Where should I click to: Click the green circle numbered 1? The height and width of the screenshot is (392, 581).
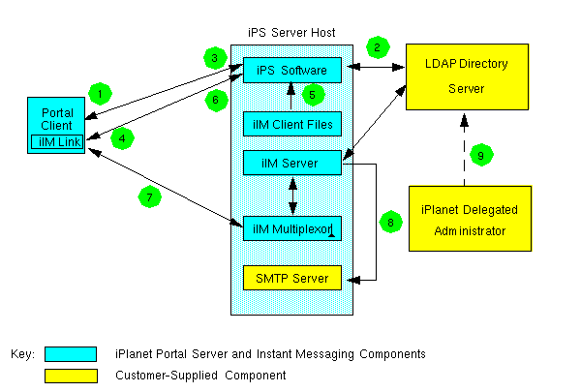tap(98, 94)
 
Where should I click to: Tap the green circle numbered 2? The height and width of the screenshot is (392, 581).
tap(376, 46)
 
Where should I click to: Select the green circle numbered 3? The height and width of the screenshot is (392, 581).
tap(216, 58)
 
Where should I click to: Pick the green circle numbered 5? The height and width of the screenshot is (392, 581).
tap(311, 94)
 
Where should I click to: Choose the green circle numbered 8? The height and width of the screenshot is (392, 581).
tap(390, 222)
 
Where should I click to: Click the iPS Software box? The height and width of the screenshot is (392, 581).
tap(291, 70)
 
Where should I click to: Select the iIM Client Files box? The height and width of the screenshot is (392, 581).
tap(291, 123)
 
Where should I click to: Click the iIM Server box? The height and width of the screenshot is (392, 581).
tap(291, 162)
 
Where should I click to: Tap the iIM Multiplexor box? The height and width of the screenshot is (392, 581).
tap(291, 227)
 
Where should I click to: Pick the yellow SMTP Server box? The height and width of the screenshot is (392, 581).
tap(291, 279)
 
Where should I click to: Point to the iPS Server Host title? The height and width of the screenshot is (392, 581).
tap(291, 33)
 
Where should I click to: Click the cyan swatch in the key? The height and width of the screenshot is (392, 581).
tap(70, 354)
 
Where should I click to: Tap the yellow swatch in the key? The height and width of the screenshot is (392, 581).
tap(70, 375)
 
